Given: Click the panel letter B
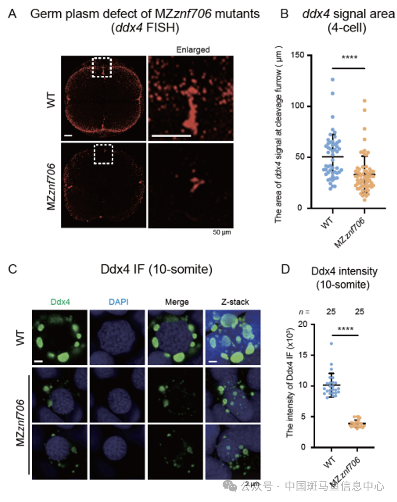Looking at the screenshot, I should point(285,14).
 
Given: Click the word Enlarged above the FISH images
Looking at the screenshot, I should point(193,50).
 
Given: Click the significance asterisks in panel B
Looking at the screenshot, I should point(349,58).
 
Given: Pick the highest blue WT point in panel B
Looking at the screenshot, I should point(332,79).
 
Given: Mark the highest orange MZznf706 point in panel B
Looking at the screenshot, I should point(365,100).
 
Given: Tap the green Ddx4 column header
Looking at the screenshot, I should point(59,302).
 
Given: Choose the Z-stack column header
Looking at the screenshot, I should point(234,302).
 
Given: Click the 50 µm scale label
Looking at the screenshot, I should point(221,233).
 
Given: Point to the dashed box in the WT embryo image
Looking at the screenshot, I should point(101,67).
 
